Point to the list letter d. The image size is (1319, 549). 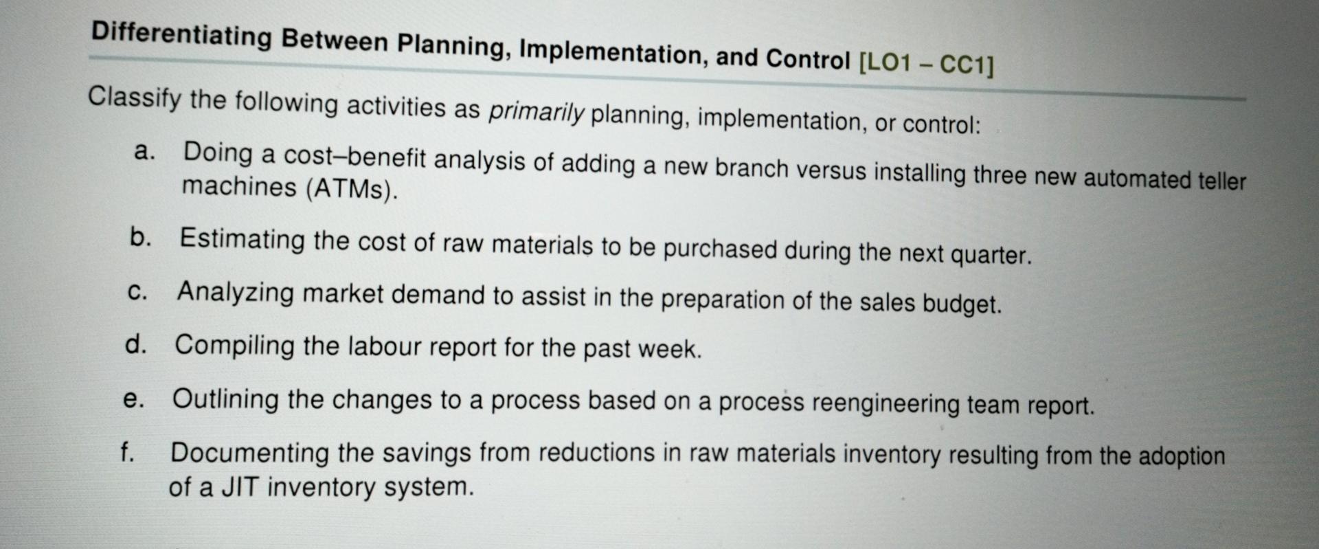(x=136, y=344)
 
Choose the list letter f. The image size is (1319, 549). (x=127, y=451)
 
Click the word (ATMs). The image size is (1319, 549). (x=351, y=189)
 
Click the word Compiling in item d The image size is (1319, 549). (x=234, y=344)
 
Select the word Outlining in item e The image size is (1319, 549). (x=225, y=399)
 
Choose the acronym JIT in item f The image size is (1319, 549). (x=240, y=487)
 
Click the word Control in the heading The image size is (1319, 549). (x=808, y=60)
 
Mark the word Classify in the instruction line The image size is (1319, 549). (x=135, y=98)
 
